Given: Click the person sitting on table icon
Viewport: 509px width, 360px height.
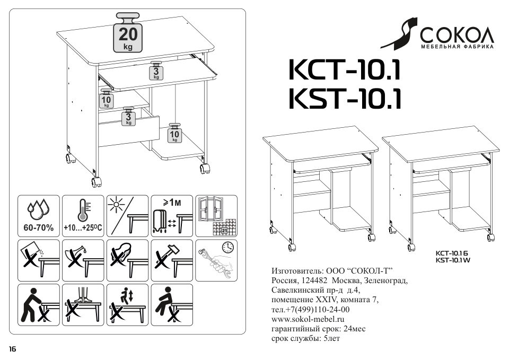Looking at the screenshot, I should coord(171,305).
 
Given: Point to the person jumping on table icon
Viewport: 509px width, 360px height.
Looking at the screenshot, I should coord(127,305).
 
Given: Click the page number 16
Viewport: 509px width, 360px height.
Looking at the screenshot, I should coord(12,348).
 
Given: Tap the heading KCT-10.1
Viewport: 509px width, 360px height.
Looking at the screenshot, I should coord(344,70).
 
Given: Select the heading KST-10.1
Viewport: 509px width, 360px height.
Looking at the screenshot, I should coord(344,99).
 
